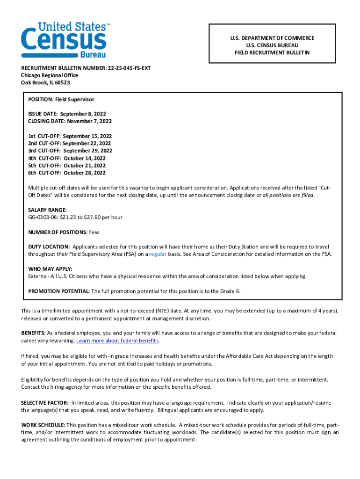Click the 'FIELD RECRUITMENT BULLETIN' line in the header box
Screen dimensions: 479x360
pos(272,53)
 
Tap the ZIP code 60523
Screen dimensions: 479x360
pos(62,83)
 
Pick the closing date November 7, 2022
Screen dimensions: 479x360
pos(89,121)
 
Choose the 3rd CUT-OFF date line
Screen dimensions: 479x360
pos(70,151)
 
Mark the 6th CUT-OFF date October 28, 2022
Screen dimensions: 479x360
pos(85,173)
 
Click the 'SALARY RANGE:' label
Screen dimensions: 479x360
pos(47,210)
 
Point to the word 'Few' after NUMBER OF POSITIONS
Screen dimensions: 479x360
pos(94,232)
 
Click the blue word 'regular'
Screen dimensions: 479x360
pos(158,254)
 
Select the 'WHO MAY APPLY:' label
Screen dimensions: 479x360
pos(50,269)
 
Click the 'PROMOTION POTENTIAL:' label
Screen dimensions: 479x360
pos(59,291)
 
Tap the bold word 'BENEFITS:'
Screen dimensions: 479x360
pos(33,333)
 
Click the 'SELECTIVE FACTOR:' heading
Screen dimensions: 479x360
pos(45,403)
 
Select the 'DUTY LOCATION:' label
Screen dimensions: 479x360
pos(49,247)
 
